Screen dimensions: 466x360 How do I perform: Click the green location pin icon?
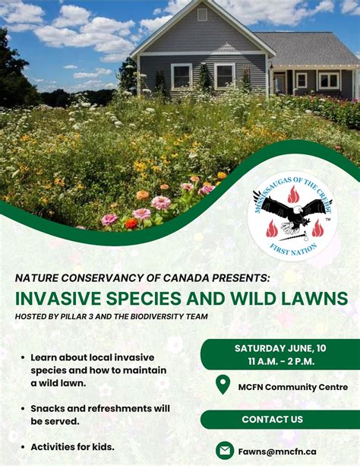point(223,385)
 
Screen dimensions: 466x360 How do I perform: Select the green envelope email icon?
point(224,450)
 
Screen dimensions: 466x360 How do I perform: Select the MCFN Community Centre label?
point(292,386)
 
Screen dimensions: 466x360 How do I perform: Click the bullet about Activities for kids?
point(72,446)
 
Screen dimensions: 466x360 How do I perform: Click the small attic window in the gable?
point(201,14)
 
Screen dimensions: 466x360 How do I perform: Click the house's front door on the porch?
point(279,83)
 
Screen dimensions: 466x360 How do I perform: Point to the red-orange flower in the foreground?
point(131,223)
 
